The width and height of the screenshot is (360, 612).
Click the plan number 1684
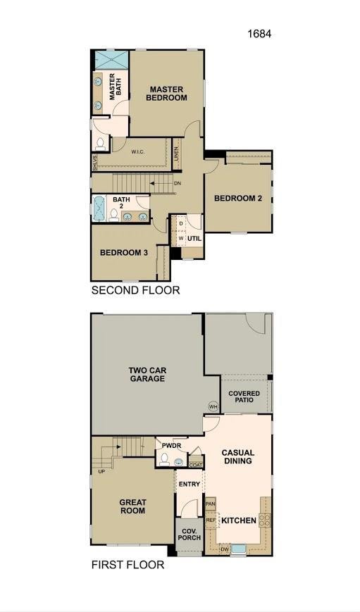point(259,34)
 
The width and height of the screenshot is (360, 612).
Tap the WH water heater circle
point(213,406)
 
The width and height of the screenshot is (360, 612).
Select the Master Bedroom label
point(166,94)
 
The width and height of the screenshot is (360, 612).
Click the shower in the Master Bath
point(112,60)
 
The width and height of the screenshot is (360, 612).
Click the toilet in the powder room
point(164,459)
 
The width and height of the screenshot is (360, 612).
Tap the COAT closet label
point(196,466)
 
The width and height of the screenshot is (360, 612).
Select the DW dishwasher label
point(225,549)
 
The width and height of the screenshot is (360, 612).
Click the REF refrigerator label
point(211,520)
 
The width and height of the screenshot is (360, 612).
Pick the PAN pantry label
point(211,504)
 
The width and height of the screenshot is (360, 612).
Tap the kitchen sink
point(239,549)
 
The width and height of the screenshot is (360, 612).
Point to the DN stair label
point(178,183)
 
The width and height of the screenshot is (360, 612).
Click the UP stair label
point(101,471)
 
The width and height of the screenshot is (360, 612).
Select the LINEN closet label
point(177,154)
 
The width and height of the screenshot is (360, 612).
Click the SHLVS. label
point(95,163)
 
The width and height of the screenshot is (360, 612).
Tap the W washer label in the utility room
point(181,238)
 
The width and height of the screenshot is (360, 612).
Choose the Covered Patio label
point(244,396)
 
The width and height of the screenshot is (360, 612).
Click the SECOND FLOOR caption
point(135,290)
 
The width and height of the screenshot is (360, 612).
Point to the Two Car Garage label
point(147,374)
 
